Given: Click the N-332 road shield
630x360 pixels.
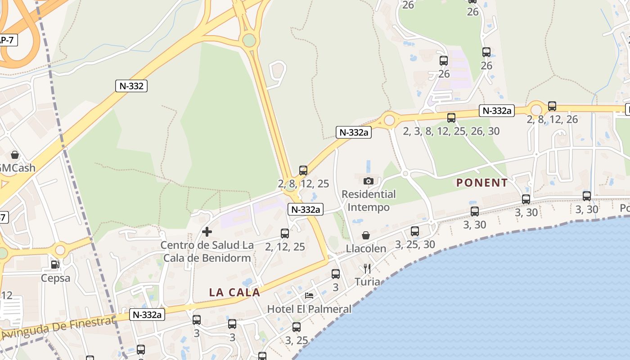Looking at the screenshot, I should (x=132, y=86).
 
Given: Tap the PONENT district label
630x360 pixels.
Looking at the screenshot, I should (x=482, y=183).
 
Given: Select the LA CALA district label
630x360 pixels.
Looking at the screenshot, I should (x=234, y=292).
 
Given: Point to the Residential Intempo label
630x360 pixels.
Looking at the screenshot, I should (x=369, y=201).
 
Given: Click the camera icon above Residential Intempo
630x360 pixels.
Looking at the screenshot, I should (x=368, y=181).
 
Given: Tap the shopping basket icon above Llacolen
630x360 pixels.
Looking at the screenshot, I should (x=366, y=235).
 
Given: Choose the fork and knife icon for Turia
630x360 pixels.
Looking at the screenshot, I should (x=367, y=269).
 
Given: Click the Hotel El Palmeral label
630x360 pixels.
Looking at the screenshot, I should (x=309, y=309).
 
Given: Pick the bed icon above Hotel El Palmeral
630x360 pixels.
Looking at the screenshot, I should (x=309, y=295).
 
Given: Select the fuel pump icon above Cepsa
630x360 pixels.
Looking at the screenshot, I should (x=55, y=265).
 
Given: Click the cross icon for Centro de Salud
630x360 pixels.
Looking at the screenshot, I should (x=207, y=232).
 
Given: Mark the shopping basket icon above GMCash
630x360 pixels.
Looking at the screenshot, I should (x=15, y=155).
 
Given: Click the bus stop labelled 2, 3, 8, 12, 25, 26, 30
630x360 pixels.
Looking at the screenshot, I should (x=451, y=118).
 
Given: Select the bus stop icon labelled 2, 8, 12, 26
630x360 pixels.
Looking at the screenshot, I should (x=552, y=106).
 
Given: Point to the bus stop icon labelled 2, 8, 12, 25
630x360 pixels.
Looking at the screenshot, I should (x=303, y=171).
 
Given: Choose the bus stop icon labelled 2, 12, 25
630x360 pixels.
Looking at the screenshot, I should (x=285, y=233).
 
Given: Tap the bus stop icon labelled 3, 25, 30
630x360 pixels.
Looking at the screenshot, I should (x=415, y=231).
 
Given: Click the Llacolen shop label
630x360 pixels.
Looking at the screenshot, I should (x=366, y=249).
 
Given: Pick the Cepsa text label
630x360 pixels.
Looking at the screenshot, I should (x=55, y=278).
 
